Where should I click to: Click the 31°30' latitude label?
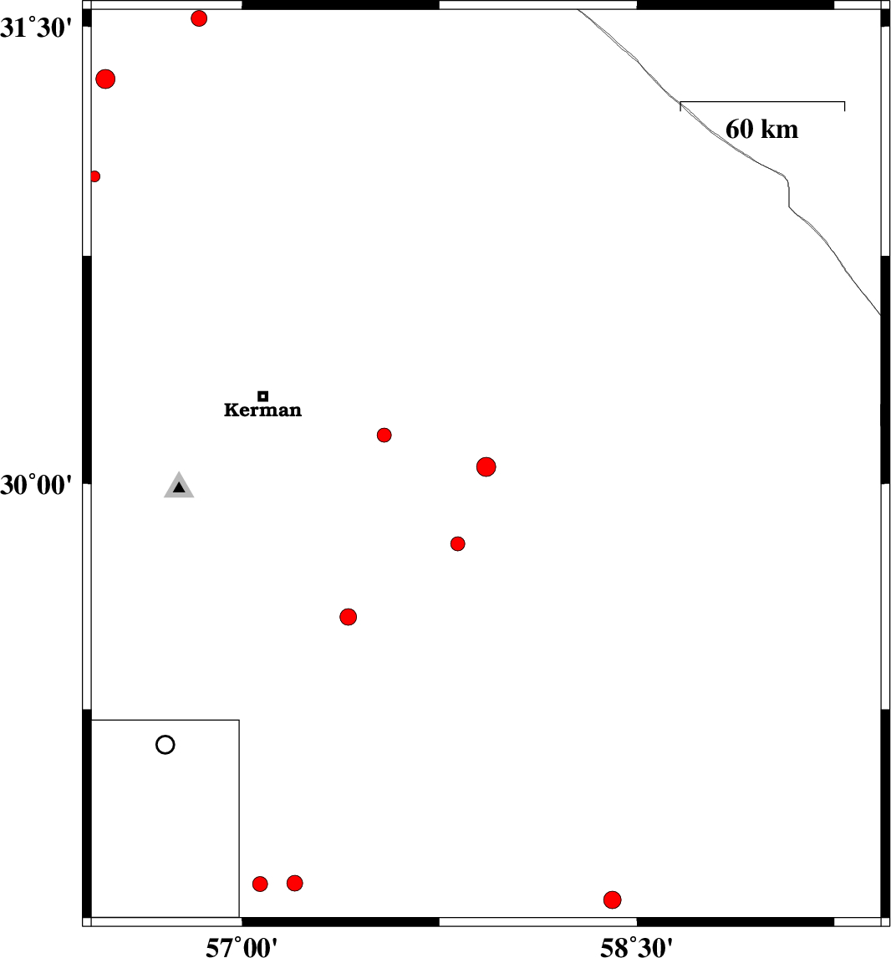pyautogui.click(x=36, y=28)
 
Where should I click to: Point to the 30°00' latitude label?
pyautogui.click(x=36, y=485)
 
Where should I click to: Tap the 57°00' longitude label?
pyautogui.click(x=242, y=947)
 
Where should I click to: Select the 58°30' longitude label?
pyautogui.click(x=636, y=947)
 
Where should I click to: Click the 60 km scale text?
pyautogui.click(x=761, y=130)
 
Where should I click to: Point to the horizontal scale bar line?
pyautogui.click(x=762, y=102)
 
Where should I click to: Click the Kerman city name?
pyautogui.click(x=262, y=410)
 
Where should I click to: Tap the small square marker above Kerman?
pyautogui.click(x=262, y=396)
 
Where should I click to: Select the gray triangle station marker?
pyautogui.click(x=179, y=486)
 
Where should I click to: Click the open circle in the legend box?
pyautogui.click(x=165, y=745)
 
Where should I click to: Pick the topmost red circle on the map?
pyautogui.click(x=199, y=18)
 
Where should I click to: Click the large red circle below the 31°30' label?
pyautogui.click(x=105, y=79)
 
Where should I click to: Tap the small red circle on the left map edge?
pyautogui.click(x=94, y=176)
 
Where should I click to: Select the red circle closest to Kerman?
pyautogui.click(x=384, y=435)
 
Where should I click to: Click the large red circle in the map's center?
pyautogui.click(x=486, y=466)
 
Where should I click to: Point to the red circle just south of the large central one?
pyautogui.click(x=458, y=543)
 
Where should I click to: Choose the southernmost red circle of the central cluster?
pyautogui.click(x=348, y=617)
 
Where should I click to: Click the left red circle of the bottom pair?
pyautogui.click(x=260, y=884)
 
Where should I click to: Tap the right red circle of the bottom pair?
pyautogui.click(x=295, y=883)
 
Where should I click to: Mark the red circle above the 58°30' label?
pyautogui.click(x=613, y=900)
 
